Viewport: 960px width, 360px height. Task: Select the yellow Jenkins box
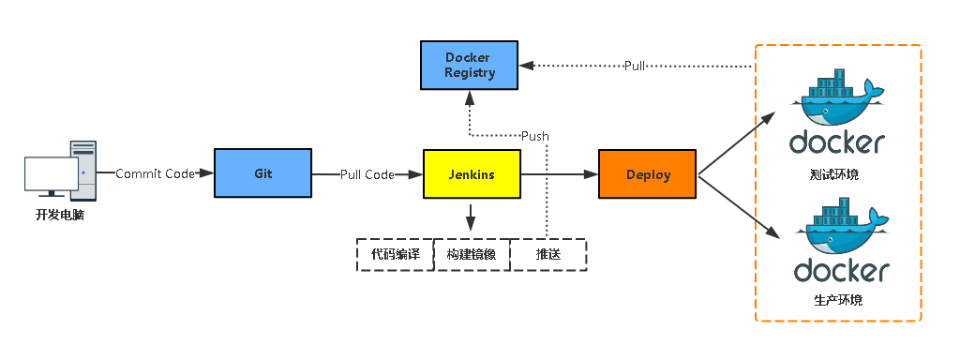[472, 173]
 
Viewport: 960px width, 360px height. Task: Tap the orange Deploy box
[648, 173]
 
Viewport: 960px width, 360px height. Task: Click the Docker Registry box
[469, 65]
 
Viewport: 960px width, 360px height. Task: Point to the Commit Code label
[156, 174]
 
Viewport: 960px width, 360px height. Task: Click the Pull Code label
[367, 174]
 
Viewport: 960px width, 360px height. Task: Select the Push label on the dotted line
[535, 136]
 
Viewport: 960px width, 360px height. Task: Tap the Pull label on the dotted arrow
[636, 67]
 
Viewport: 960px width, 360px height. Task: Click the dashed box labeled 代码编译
[395, 254]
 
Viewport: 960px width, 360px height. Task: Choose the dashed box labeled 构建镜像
[472, 254]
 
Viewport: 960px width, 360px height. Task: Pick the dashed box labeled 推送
[547, 254]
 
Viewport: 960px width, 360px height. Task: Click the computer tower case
[84, 170]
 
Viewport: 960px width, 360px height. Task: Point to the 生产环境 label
[838, 300]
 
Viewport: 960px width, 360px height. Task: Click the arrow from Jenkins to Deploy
[560, 174]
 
